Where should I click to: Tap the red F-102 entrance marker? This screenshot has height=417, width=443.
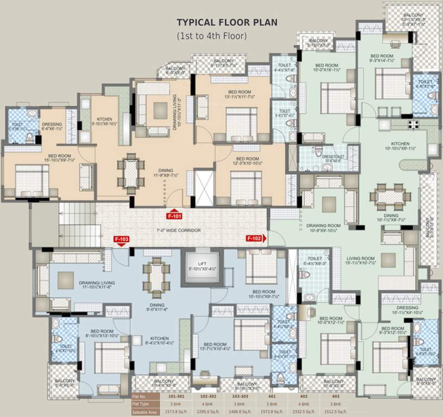(255, 238)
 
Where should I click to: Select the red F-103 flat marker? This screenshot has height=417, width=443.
(121, 239)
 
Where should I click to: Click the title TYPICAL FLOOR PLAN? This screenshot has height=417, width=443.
(227, 23)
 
